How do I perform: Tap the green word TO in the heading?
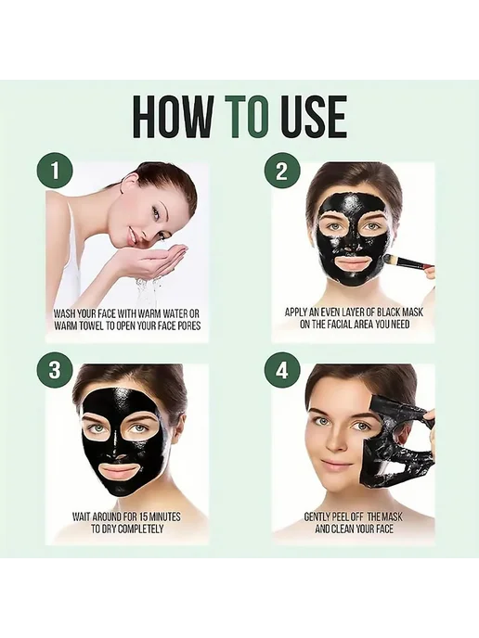tap(248, 116)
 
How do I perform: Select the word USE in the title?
tap(313, 116)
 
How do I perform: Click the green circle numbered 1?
tap(55, 171)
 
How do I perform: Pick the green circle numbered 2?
tap(282, 171)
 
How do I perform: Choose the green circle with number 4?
tap(282, 372)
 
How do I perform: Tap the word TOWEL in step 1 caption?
tap(90, 325)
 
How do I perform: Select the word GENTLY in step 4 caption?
tap(316, 517)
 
